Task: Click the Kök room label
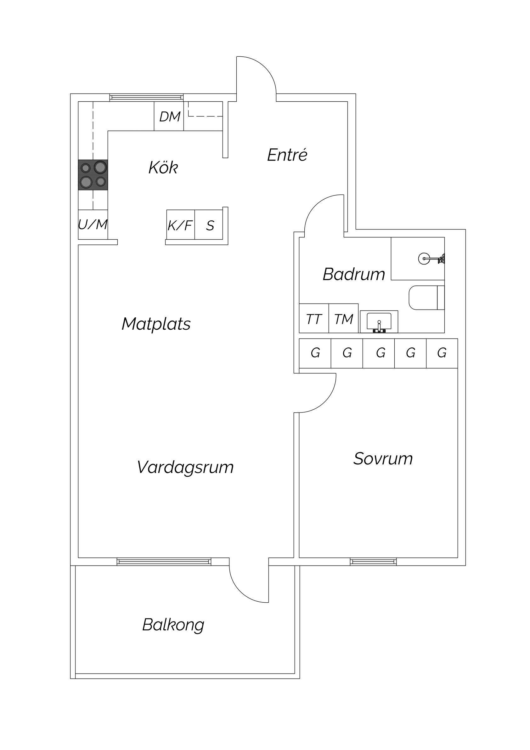click(x=163, y=168)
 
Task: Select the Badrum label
click(x=354, y=274)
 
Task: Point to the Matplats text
click(x=156, y=324)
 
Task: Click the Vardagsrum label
click(x=185, y=467)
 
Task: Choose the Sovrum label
click(x=383, y=459)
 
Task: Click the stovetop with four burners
click(x=93, y=175)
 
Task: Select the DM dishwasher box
click(x=169, y=116)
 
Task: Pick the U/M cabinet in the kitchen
click(x=93, y=224)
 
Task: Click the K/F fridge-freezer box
click(x=181, y=225)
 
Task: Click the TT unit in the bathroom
click(x=314, y=319)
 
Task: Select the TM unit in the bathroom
click(x=344, y=319)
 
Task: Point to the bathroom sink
click(x=379, y=322)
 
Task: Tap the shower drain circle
click(x=424, y=259)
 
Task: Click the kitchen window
click(x=146, y=97)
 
